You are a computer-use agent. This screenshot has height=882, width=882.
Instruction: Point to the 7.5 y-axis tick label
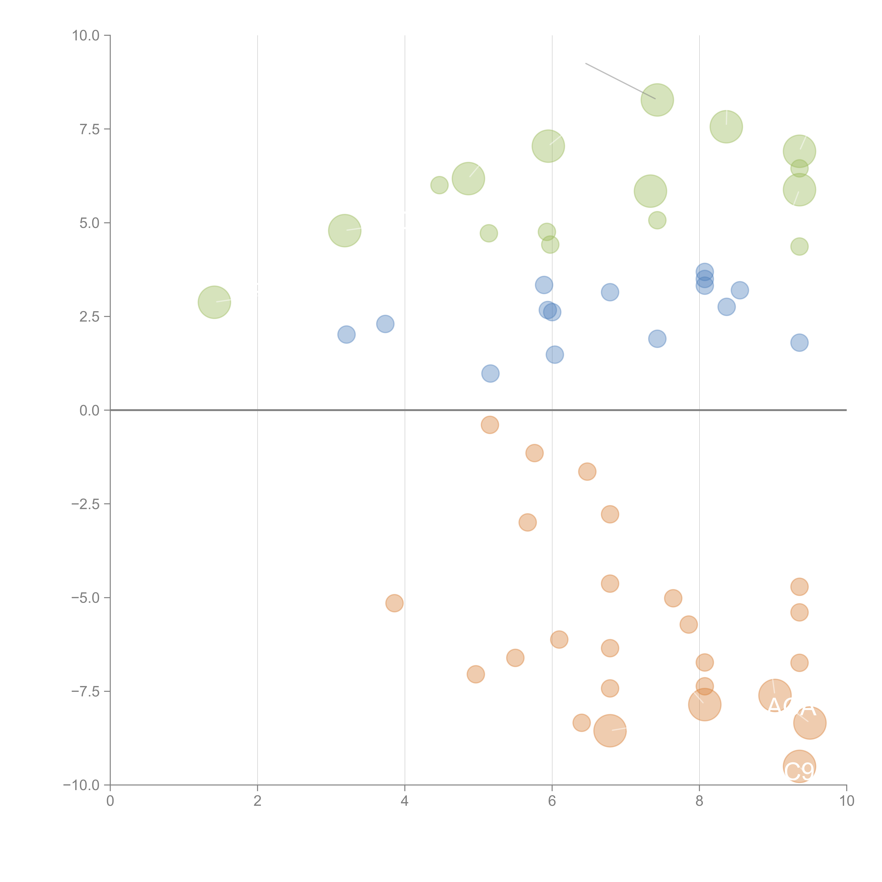point(89,129)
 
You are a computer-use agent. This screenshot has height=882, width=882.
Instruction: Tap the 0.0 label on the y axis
point(89,410)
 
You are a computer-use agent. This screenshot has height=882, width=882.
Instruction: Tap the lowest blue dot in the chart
point(490,373)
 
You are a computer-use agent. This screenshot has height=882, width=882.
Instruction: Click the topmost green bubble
point(657,100)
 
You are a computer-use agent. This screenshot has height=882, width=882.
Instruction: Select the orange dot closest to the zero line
point(490,425)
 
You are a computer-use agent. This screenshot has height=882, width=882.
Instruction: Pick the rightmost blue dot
point(799,342)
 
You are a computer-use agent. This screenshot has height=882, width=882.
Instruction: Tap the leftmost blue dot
point(346,335)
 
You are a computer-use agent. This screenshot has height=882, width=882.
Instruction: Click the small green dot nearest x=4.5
point(439,185)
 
